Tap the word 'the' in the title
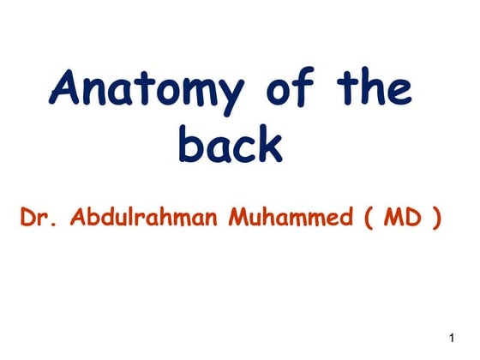pyautogui.click(x=378, y=89)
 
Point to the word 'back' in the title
pyautogui.click(x=230, y=143)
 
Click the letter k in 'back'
pyautogui.click(x=268, y=142)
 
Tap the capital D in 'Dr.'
pyautogui.click(x=26, y=218)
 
